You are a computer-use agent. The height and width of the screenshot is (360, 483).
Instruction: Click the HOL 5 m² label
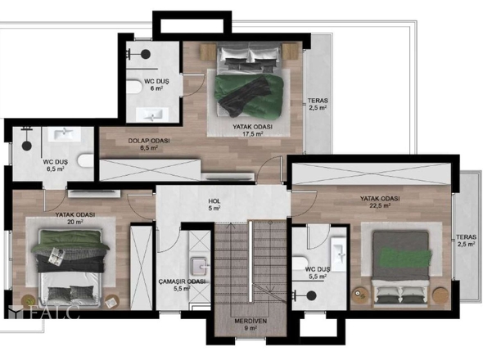[214, 205]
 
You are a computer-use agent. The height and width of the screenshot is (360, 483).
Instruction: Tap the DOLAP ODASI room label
[149, 144]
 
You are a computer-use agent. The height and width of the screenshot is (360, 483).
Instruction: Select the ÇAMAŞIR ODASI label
[182, 285]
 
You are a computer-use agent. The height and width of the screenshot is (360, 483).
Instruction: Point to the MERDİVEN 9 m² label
[251, 325]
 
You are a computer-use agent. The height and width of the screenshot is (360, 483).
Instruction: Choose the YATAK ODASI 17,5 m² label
[253, 130]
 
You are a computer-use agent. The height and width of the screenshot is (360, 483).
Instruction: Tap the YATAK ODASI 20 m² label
[75, 218]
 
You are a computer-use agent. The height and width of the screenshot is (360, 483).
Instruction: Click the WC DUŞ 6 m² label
[156, 85]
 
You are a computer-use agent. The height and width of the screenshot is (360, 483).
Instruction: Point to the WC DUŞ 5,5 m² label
[318, 272]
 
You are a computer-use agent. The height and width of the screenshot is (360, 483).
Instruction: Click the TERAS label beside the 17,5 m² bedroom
[318, 104]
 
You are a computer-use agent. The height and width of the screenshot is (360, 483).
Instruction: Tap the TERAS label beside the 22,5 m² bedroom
[467, 241]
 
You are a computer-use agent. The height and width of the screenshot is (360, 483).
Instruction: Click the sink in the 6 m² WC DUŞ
[152, 115]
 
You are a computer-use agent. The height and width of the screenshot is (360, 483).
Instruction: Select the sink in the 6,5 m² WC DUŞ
[64, 134]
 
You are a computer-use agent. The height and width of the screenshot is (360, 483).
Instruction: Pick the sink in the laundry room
[199, 266]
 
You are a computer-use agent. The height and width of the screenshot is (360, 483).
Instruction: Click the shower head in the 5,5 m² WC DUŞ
[311, 295]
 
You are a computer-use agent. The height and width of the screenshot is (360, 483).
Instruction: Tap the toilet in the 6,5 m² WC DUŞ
[86, 160]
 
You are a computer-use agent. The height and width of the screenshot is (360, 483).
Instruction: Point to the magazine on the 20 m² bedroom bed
[56, 255]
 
